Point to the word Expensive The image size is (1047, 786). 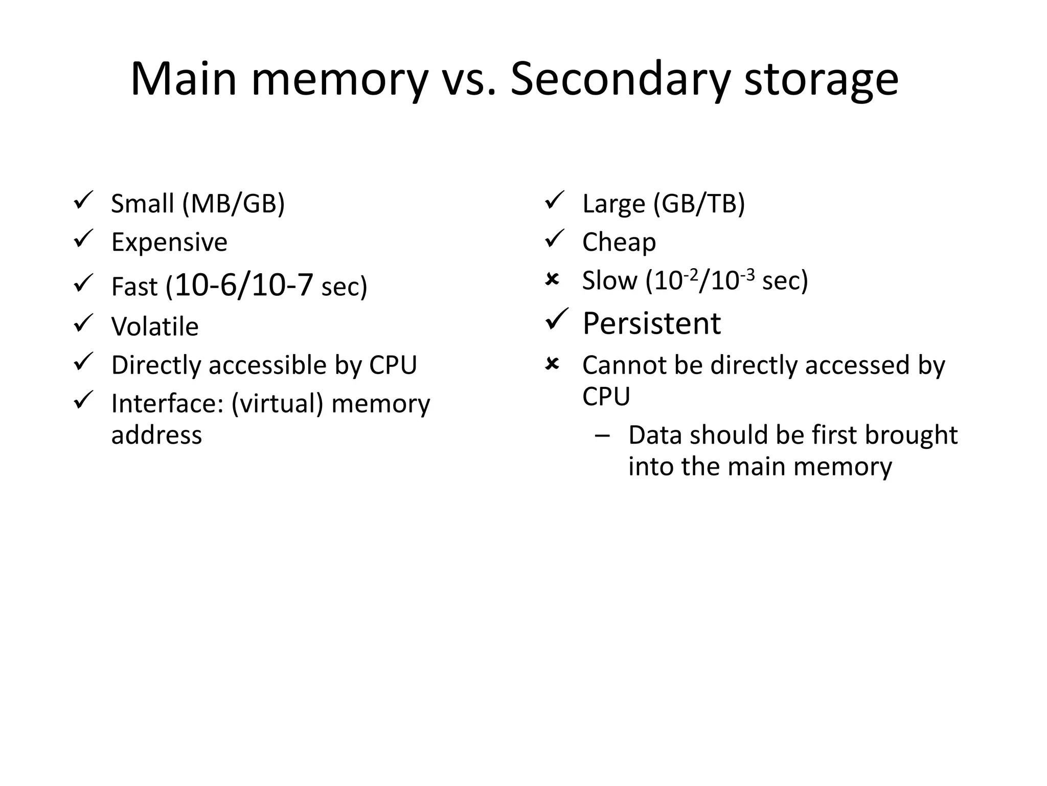pyautogui.click(x=169, y=242)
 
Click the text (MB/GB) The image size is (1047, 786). pyautogui.click(x=234, y=204)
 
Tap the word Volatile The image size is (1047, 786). pyautogui.click(x=155, y=326)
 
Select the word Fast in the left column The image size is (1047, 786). pyautogui.click(x=134, y=287)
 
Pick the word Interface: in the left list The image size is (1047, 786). pyautogui.click(x=167, y=404)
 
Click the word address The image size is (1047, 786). pyautogui.click(x=156, y=435)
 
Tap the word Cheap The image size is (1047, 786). pyautogui.click(x=619, y=242)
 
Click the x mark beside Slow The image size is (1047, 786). pyautogui.click(x=552, y=279)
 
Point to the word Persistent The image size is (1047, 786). pyautogui.click(x=651, y=324)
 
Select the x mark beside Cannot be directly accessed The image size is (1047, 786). pyautogui.click(x=552, y=364)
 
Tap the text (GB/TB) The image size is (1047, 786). pyautogui.click(x=699, y=204)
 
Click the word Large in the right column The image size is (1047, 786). pyautogui.click(x=613, y=204)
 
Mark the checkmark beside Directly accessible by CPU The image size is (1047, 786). pyautogui.click(x=83, y=361)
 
